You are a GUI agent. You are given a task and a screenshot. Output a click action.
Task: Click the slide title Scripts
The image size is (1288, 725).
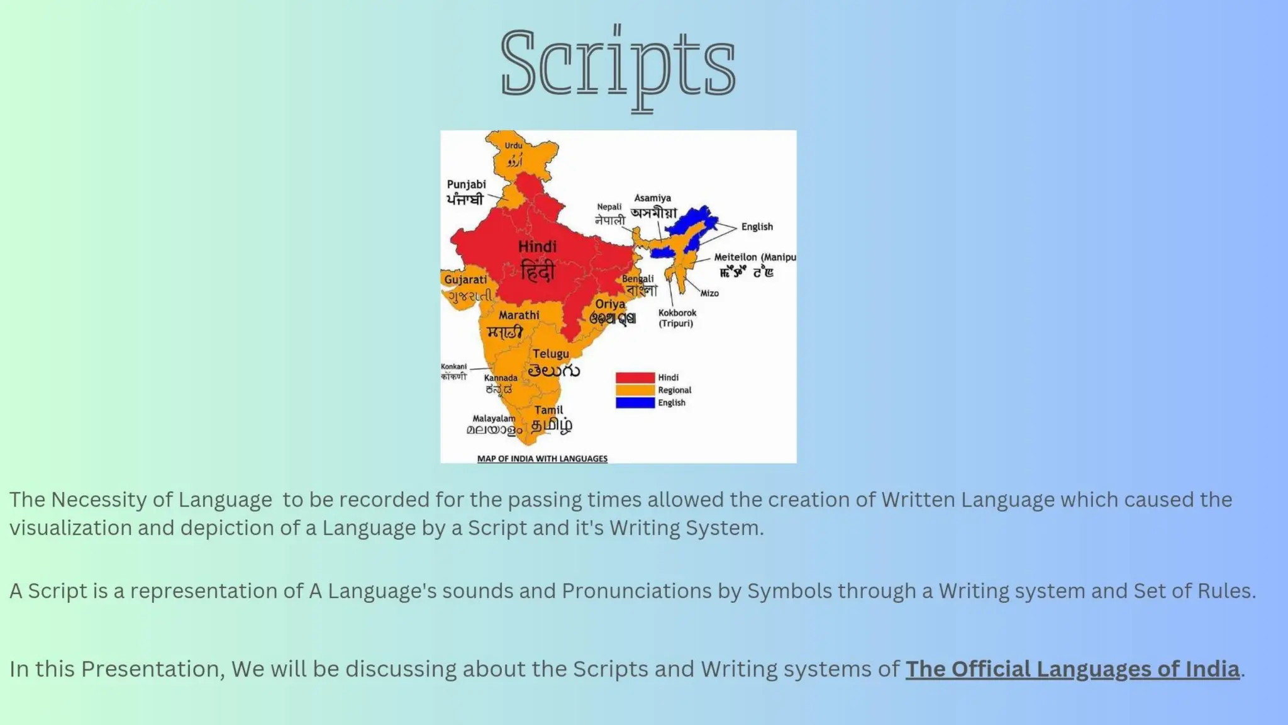(x=618, y=63)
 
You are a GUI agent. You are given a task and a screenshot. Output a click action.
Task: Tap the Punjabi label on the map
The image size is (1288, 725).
(x=466, y=184)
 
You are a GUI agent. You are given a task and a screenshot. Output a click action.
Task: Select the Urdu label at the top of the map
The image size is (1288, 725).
(x=513, y=145)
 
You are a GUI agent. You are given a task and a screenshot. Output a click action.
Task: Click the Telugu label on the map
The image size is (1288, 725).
(x=551, y=354)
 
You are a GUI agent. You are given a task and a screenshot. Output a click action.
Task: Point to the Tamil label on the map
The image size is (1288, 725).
(x=548, y=410)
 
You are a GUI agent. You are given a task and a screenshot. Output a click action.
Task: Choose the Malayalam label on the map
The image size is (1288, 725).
(x=494, y=419)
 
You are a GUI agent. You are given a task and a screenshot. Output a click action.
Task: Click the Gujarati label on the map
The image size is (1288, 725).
(x=465, y=279)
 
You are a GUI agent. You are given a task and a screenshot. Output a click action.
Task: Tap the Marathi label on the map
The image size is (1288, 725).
(x=519, y=315)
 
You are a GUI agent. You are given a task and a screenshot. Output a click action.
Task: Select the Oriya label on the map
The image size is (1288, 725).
(x=610, y=304)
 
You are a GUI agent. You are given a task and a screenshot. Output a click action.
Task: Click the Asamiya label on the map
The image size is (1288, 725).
(x=652, y=198)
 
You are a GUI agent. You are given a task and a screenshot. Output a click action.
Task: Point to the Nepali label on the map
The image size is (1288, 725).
(x=609, y=207)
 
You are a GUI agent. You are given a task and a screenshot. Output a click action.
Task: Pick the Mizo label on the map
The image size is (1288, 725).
(x=709, y=293)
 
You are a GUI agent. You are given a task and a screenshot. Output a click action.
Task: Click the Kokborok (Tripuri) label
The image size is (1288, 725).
(x=677, y=318)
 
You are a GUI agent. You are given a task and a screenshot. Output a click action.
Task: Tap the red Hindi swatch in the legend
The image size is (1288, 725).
(x=635, y=378)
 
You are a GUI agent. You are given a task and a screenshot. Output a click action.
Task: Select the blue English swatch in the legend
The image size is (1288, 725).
(x=635, y=403)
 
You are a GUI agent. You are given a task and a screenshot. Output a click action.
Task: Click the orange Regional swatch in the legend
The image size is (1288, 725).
(x=635, y=390)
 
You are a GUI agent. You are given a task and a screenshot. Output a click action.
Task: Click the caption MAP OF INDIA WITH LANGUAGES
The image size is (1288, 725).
(x=542, y=459)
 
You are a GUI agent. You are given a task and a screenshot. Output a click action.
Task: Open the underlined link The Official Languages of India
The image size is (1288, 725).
(x=1072, y=669)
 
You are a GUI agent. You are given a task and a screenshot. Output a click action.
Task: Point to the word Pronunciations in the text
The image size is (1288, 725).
(x=652, y=591)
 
